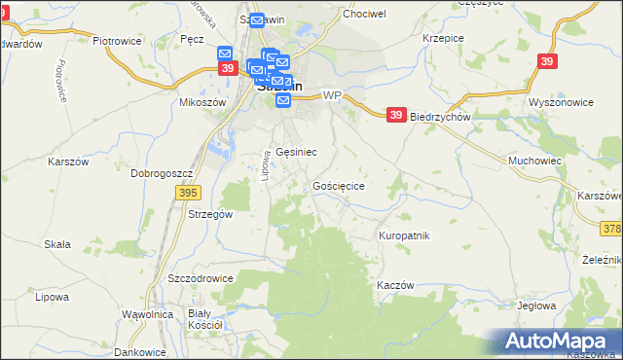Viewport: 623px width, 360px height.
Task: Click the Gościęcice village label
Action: pos(339,185)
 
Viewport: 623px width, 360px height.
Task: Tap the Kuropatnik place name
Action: pos(404,235)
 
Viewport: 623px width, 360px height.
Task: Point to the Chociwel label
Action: pos(364,15)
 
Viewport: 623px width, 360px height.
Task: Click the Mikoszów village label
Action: pos(202,101)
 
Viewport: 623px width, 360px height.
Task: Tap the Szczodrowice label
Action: pos(201,277)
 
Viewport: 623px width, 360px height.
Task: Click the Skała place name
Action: pos(56,244)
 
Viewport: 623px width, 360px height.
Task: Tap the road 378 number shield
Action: pos(612,228)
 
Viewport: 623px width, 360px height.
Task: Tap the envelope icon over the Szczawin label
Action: pos(257,20)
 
